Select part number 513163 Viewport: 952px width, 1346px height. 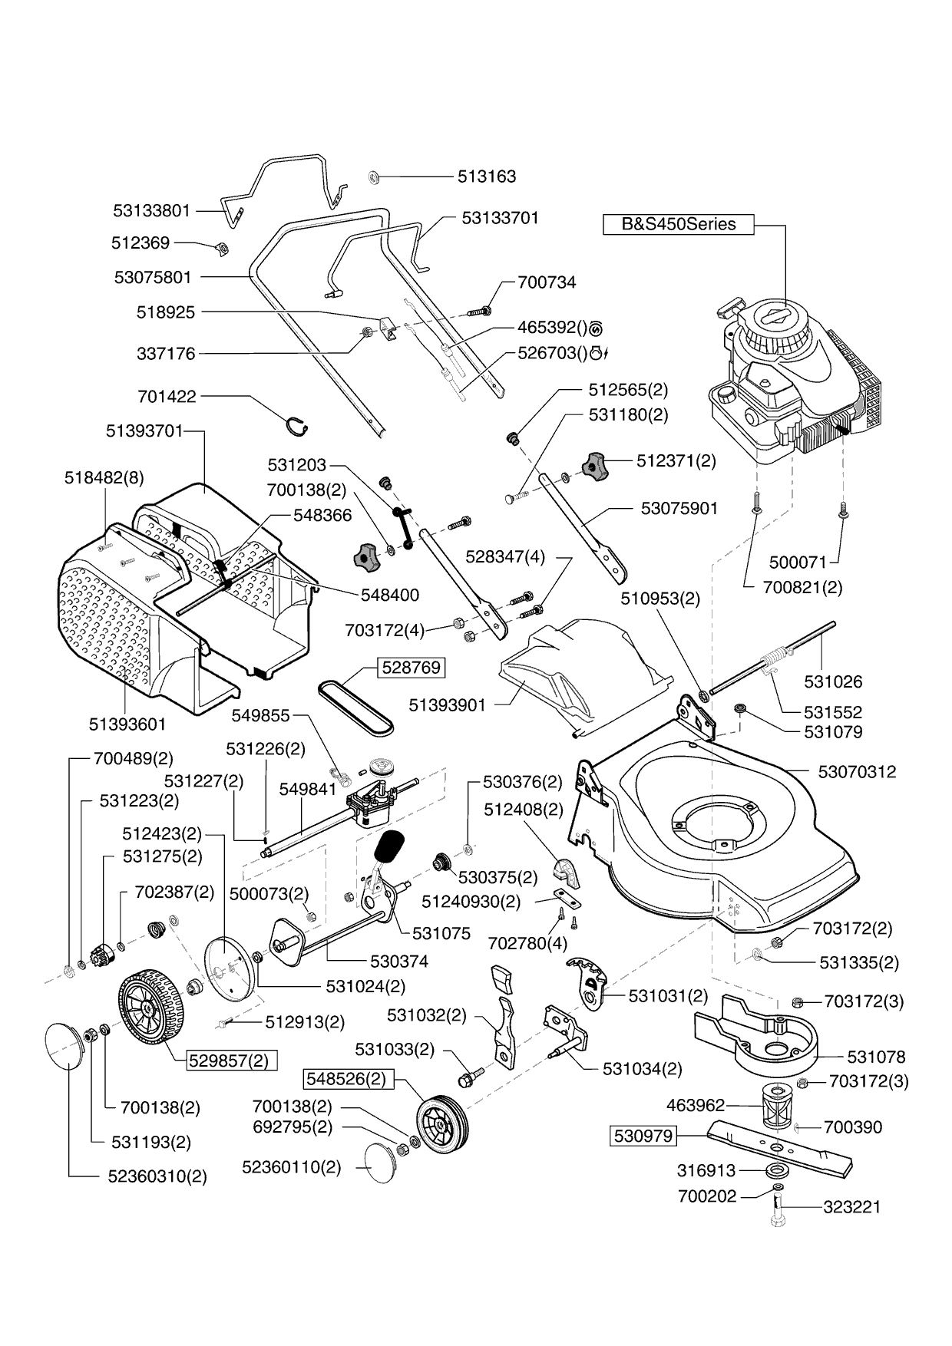point(487,176)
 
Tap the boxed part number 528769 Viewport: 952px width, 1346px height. point(412,668)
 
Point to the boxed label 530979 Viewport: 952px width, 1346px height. point(643,1136)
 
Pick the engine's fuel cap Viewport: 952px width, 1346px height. point(725,396)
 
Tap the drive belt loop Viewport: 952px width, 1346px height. point(356,701)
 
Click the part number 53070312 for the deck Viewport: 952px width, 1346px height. point(857,772)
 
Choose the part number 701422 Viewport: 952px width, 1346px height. point(167,397)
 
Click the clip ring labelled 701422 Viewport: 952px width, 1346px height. point(296,423)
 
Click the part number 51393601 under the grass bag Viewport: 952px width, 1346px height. point(127,724)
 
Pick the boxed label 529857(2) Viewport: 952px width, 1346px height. point(232,1061)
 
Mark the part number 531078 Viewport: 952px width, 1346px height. point(854,1057)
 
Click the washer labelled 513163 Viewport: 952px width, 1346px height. point(375,176)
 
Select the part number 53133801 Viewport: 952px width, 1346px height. point(151,210)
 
